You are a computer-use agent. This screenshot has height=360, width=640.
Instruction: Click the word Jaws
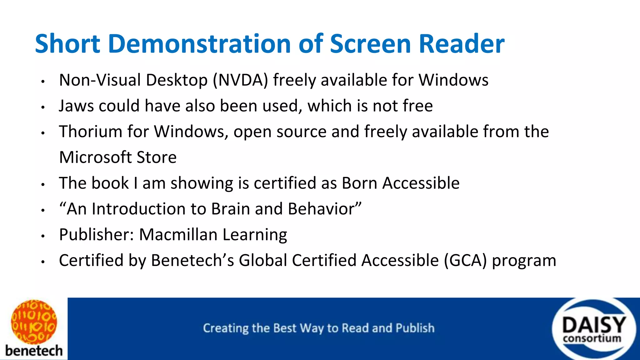click(x=77, y=106)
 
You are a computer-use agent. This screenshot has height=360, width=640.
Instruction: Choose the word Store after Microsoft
click(x=157, y=157)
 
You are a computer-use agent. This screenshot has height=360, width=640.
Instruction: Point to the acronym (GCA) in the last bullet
click(x=466, y=261)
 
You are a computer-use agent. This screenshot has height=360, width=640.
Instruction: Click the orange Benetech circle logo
click(x=34, y=322)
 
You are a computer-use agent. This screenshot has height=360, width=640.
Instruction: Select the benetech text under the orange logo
click(x=34, y=351)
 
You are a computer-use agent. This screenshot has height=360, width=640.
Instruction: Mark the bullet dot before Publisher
click(x=43, y=236)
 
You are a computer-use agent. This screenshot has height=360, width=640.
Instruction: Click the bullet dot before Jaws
click(x=43, y=107)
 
